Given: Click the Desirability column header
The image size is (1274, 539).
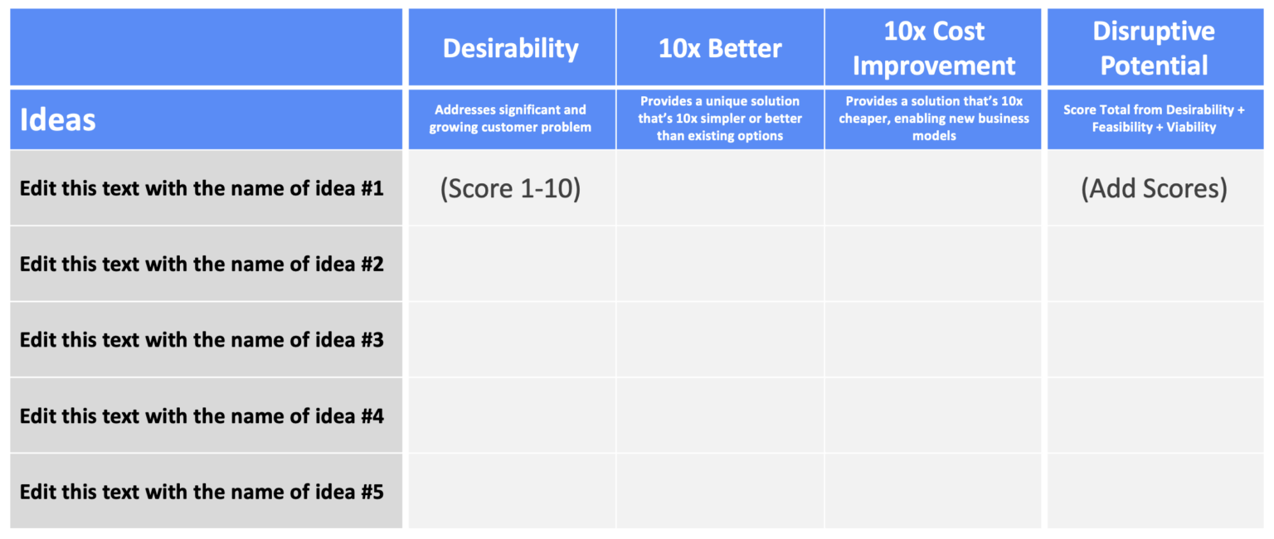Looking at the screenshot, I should point(511,48).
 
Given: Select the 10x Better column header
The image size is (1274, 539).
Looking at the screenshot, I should point(720,48).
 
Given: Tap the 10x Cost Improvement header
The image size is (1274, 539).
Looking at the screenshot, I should point(934,48).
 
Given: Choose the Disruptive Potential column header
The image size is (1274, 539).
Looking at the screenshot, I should point(1154,48).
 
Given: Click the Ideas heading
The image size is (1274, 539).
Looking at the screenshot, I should point(58,120).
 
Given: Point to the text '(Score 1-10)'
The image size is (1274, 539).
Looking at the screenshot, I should point(511,189).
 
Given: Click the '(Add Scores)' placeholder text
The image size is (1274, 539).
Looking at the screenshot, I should point(1154,189).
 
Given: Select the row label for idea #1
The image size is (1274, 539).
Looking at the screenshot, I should point(202,189).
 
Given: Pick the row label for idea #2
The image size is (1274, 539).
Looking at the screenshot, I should point(202,265).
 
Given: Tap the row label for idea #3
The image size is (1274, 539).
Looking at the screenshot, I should point(202,340).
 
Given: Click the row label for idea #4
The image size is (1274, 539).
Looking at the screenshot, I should point(202,415).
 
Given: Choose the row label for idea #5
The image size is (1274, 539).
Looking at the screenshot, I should point(202,492).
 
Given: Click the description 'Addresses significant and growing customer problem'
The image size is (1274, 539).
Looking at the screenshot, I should point(511,119).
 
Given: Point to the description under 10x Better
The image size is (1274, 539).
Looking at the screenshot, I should point(720,119).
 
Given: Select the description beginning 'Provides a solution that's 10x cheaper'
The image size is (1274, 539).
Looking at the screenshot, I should point(934,119).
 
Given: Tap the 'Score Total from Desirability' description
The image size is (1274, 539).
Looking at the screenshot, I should point(1154,119).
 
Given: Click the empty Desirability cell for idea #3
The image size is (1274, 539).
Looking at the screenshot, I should point(511,340).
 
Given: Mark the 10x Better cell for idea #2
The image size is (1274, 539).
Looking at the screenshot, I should point(720,265).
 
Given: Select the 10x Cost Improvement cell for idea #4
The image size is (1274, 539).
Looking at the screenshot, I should point(934,415).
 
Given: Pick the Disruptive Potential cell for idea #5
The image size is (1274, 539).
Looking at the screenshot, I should point(1154,492).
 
